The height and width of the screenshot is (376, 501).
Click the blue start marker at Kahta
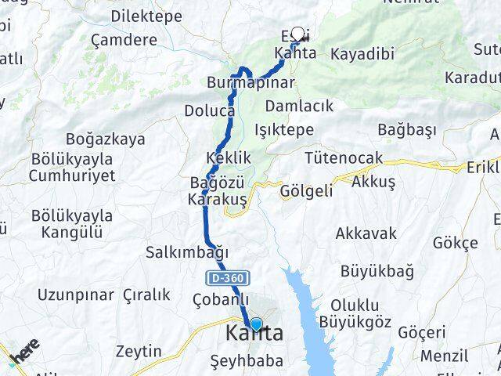[x=256, y=324]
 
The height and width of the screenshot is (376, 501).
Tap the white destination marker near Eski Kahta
[x=297, y=34]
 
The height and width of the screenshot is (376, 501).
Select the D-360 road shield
[x=229, y=277]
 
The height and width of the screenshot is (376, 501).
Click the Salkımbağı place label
[x=186, y=252]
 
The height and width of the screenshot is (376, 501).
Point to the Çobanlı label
[x=221, y=299]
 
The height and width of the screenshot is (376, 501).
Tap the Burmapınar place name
[x=250, y=82]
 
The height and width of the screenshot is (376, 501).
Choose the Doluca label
[x=209, y=111]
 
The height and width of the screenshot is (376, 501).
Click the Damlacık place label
[x=299, y=105]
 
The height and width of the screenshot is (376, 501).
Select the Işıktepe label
[x=290, y=130]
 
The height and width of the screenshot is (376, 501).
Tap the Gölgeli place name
[x=307, y=190]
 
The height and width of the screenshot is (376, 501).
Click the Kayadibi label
[x=362, y=54]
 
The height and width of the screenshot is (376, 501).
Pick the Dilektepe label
[x=146, y=16]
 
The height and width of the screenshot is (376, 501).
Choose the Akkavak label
[x=366, y=233]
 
